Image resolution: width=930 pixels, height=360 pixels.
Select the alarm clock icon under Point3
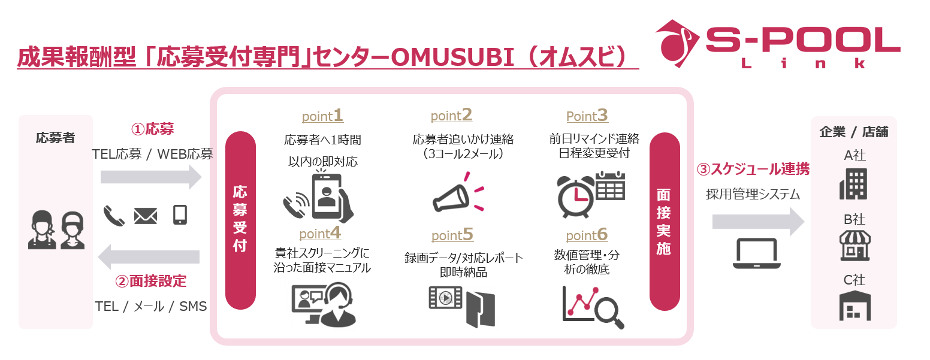[x=575, y=195]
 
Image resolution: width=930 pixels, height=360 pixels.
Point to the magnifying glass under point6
[x=611, y=313]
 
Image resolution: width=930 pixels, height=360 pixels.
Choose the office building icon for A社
[x=853, y=184]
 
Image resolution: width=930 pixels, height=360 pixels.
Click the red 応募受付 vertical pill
[x=240, y=220]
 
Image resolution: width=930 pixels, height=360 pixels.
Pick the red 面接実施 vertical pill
[x=664, y=220]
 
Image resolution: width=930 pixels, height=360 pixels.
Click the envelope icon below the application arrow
[x=145, y=215]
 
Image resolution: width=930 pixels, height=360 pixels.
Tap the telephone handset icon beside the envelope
[x=114, y=215]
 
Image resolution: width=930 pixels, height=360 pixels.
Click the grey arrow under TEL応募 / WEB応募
[x=152, y=177]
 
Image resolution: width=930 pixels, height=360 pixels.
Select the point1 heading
[x=322, y=115]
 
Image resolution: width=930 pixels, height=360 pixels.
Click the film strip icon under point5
[x=446, y=297]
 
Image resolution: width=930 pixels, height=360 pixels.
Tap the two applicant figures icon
[x=56, y=229]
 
